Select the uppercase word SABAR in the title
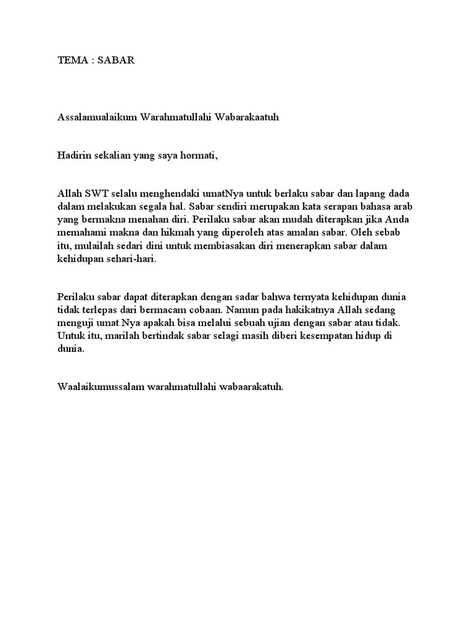(x=117, y=60)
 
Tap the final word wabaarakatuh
(x=252, y=387)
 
